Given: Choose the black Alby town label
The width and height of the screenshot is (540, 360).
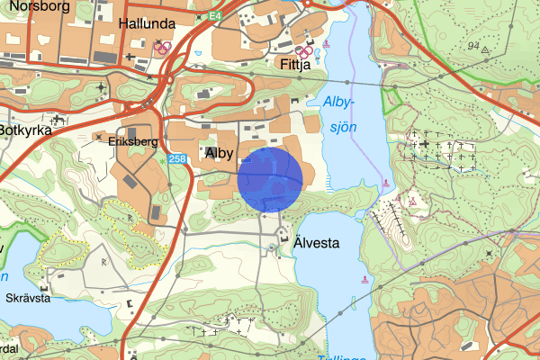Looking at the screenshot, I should click(x=220, y=154).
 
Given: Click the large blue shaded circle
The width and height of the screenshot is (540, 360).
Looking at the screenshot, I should click(x=271, y=180).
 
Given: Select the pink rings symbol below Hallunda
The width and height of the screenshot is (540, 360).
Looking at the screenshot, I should click(x=163, y=47).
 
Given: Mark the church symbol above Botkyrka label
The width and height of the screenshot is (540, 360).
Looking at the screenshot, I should click(x=59, y=118).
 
